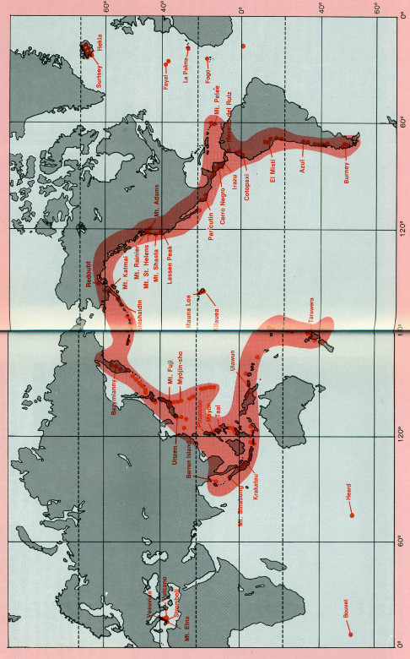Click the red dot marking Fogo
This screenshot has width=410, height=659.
coord(208,59)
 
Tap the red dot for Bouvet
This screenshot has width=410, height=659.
coord(350,634)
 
